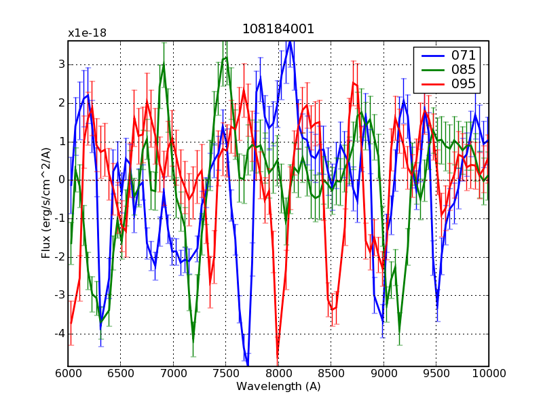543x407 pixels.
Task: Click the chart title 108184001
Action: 278,30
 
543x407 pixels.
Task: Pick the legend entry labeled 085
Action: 464,69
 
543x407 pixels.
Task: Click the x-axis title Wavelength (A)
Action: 278,386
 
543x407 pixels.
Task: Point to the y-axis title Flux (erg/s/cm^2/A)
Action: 46,203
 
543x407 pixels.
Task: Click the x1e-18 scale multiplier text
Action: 87,33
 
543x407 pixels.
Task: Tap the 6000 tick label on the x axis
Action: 68,372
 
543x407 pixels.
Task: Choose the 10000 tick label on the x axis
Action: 489,372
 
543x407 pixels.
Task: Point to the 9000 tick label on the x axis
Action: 383,372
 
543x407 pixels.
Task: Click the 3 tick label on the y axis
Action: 61,64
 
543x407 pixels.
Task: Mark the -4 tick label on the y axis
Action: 59,334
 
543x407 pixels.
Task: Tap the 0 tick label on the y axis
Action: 61,180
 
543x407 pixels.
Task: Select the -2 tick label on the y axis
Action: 59,257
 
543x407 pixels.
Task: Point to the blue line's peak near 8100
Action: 290,42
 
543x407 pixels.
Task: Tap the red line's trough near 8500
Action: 333,310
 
